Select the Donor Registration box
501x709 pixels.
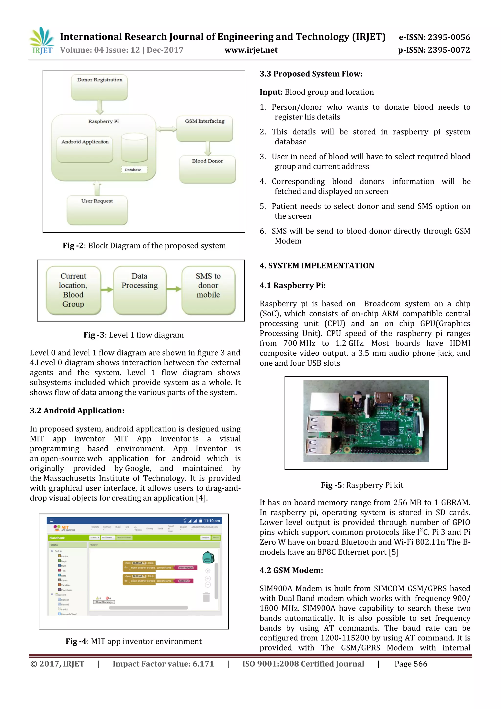(x=99, y=87)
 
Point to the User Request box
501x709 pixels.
(x=97, y=210)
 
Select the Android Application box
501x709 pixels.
(x=85, y=150)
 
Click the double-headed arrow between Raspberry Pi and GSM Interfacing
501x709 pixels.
(x=166, y=129)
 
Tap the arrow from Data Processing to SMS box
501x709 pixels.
(x=174, y=289)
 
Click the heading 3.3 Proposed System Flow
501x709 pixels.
(x=311, y=74)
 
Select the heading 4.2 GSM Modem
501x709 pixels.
(x=291, y=570)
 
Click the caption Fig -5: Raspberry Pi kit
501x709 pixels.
(x=362, y=485)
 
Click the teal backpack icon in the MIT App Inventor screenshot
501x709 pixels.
(x=208, y=557)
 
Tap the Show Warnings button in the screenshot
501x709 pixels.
(x=104, y=602)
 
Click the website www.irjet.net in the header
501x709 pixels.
(x=251, y=50)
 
